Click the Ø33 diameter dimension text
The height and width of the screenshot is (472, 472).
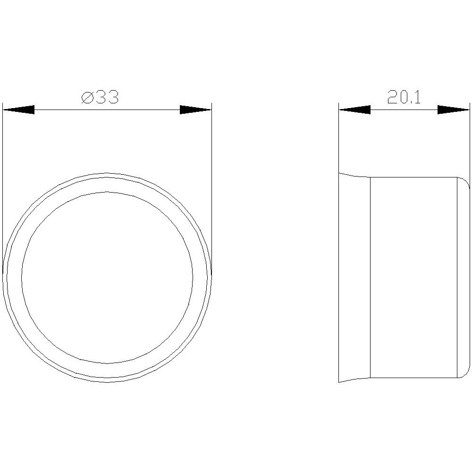pyautogui.click(x=100, y=98)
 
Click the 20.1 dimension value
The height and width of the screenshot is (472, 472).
pyautogui.click(x=404, y=98)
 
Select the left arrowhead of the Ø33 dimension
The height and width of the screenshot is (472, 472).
pyautogui.click(x=19, y=110)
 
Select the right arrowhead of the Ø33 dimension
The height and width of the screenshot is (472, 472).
pyautogui.click(x=195, y=110)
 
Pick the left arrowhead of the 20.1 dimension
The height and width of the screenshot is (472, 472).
pyautogui.click(x=354, y=110)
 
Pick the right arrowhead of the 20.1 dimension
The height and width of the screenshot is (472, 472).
pyautogui.click(x=453, y=110)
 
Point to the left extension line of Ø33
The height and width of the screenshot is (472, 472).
pyautogui.click(x=3, y=189)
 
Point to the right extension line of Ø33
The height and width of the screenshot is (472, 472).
pyautogui.click(x=211, y=189)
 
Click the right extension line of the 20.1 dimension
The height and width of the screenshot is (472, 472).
pyautogui.click(x=470, y=142)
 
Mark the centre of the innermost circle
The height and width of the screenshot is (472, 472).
pyautogui.click(x=107, y=278)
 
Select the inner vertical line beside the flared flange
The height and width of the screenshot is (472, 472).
pyautogui.click(x=370, y=278)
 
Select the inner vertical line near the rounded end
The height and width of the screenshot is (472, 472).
pyautogui.click(x=457, y=278)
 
